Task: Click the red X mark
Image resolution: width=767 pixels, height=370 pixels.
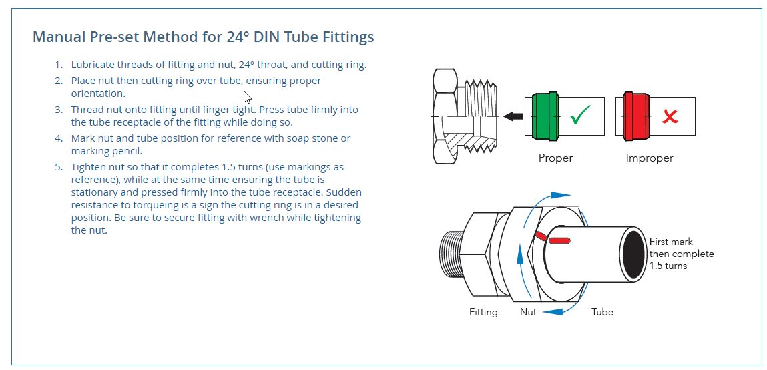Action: [670, 118]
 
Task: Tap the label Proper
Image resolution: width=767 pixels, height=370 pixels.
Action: [555, 158]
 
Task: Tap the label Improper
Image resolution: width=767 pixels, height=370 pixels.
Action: [649, 158]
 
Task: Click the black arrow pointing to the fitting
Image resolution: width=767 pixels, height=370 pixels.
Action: [513, 116]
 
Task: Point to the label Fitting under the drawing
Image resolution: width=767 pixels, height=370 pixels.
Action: [483, 312]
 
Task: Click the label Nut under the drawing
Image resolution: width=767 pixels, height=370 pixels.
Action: [529, 312]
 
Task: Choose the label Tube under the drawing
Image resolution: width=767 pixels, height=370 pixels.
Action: [602, 312]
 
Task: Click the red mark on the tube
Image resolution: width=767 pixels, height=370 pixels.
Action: [559, 240]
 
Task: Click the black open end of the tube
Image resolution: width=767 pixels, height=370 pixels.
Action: [634, 254]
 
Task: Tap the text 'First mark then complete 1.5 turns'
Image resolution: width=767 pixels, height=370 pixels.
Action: [681, 254]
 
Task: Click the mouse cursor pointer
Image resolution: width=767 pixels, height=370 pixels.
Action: [246, 96]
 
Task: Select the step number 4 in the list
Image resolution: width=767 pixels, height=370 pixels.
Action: [59, 138]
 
